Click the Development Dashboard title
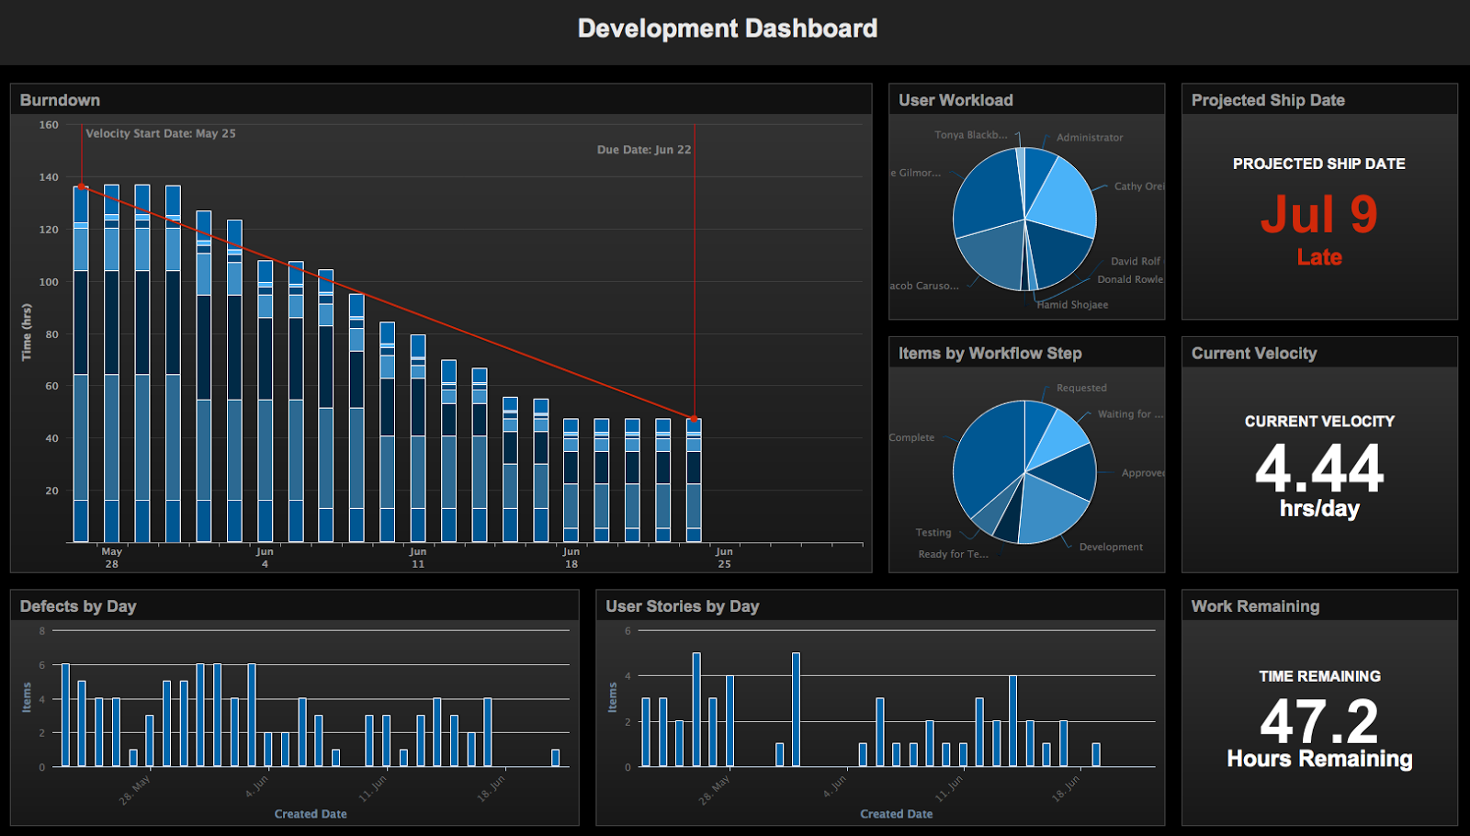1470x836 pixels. pyautogui.click(x=727, y=28)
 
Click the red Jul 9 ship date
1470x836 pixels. pyautogui.click(x=1318, y=215)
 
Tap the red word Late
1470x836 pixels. pyautogui.click(x=1318, y=258)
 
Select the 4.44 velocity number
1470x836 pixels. pyautogui.click(x=1318, y=469)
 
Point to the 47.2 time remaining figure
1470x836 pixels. pyautogui.click(x=1318, y=722)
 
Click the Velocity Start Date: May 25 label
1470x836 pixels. pyautogui.click(x=161, y=134)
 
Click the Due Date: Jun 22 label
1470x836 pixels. pyautogui.click(x=643, y=150)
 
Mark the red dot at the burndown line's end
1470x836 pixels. pyautogui.click(x=695, y=419)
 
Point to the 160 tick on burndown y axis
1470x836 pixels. pyautogui.click(x=49, y=125)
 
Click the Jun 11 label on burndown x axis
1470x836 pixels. pyautogui.click(x=418, y=558)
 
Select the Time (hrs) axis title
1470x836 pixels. pyautogui.click(x=27, y=333)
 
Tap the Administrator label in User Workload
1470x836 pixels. pyautogui.click(x=1089, y=138)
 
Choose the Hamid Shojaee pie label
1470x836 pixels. pyautogui.click(x=1072, y=305)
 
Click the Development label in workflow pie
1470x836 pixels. pyautogui.click(x=1111, y=548)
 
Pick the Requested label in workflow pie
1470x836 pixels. pyautogui.click(x=1081, y=389)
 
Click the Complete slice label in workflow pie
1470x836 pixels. pyautogui.click(x=911, y=438)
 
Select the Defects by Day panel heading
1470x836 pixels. pyautogui.click(x=78, y=606)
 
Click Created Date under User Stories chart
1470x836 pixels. pyautogui.click(x=896, y=814)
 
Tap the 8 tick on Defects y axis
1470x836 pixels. pyautogui.click(x=42, y=631)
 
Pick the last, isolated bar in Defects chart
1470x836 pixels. pyautogui.click(x=555, y=758)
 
